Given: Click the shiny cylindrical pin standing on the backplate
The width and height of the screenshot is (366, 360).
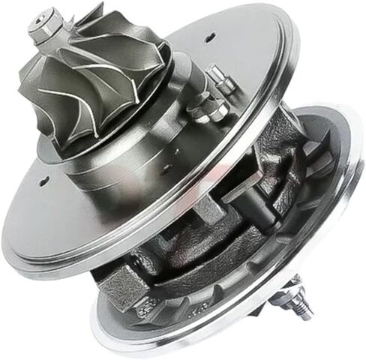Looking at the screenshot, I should [219, 78].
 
